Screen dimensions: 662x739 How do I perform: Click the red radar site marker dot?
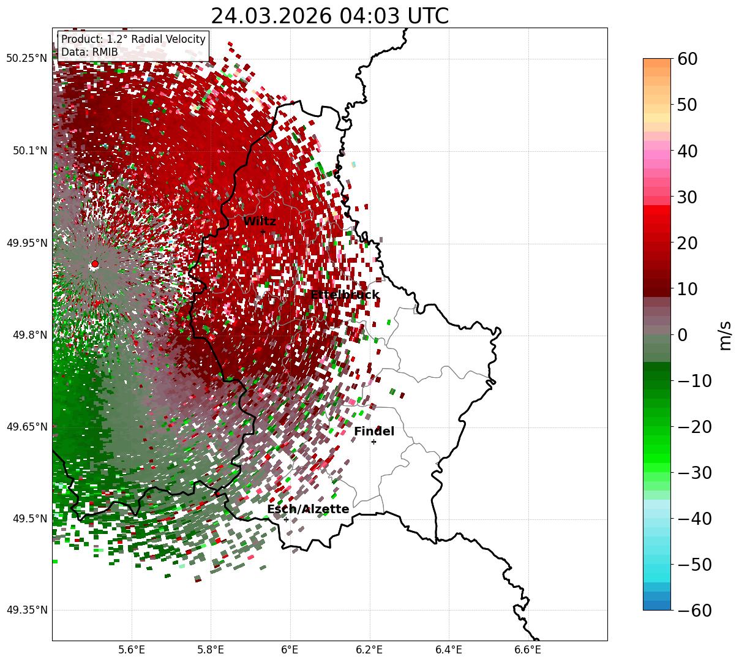95,264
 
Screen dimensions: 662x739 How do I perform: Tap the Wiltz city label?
260,222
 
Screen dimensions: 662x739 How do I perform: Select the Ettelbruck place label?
345,295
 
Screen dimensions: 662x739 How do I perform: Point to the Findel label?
374,432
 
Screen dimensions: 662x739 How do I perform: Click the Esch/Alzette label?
308,510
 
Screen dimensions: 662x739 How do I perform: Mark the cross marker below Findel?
373,442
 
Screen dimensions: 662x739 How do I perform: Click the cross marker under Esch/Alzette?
286,519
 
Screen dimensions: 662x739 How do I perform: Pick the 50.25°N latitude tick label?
26,59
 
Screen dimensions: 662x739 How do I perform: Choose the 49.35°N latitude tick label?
26,610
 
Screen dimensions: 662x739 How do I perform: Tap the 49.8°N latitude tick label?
29,335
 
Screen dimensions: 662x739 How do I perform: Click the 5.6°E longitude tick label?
131,649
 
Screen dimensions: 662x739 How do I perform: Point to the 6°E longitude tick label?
290,649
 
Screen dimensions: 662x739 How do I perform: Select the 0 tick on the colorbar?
682,335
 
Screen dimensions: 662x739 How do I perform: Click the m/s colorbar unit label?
726,335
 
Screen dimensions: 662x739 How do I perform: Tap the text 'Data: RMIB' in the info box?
89,52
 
